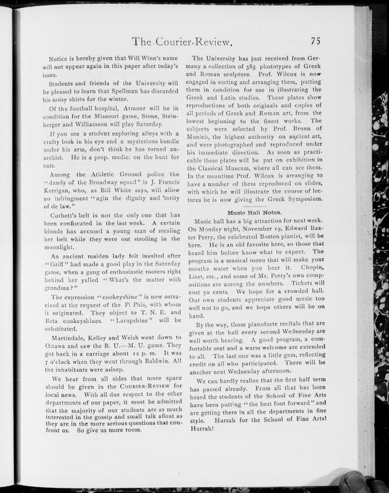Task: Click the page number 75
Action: pyautogui.click(x=316, y=40)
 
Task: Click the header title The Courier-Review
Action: pyautogui.click(x=182, y=43)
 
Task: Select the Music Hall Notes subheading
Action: pyautogui.click(x=253, y=212)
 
